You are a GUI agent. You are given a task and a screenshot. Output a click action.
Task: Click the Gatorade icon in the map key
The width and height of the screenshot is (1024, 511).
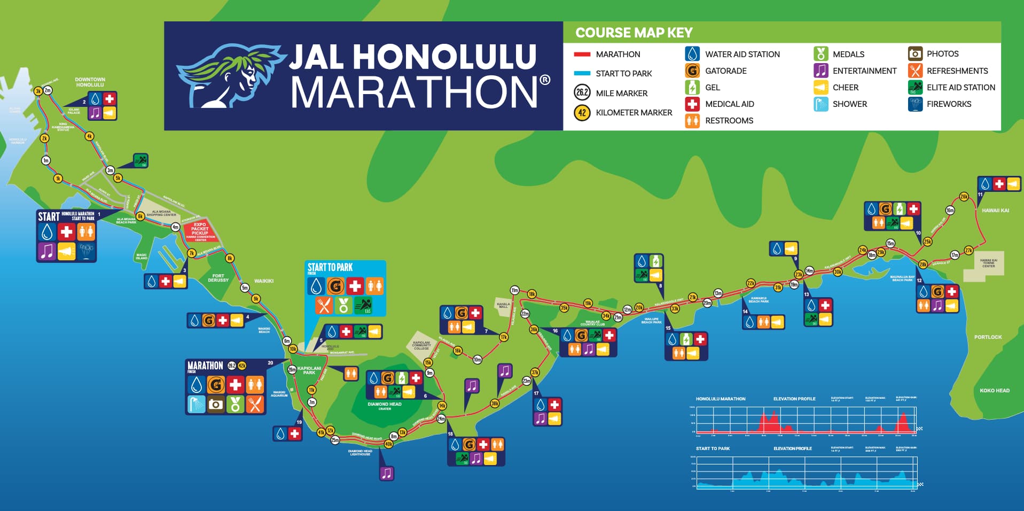(692, 71)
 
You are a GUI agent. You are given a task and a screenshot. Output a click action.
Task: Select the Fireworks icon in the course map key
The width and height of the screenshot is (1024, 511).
(915, 104)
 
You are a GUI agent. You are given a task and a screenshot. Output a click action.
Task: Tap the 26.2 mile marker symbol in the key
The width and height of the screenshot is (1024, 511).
(582, 92)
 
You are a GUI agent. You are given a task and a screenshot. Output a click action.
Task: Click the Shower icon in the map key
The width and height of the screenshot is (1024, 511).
(820, 104)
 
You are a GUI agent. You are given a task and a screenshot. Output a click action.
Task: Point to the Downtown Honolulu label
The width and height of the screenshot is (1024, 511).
(90, 82)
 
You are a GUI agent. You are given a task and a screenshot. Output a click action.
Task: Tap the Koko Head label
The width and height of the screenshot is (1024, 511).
(994, 390)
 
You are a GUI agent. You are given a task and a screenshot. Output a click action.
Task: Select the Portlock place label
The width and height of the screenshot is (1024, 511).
(988, 337)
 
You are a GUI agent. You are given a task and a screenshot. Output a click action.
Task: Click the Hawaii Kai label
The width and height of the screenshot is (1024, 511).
(995, 211)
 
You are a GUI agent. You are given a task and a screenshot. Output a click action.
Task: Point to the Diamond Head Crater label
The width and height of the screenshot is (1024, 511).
(384, 406)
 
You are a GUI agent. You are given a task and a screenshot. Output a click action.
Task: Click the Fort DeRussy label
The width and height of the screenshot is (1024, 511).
(218, 278)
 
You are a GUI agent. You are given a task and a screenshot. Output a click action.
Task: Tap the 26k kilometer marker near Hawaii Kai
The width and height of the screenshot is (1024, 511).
(964, 197)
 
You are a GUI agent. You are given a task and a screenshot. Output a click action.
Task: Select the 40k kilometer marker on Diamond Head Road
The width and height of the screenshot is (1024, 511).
(388, 444)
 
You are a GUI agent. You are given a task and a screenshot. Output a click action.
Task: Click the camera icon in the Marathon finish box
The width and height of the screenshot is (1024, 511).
(216, 404)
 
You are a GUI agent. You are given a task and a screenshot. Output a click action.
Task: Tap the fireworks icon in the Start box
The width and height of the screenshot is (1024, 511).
(85, 250)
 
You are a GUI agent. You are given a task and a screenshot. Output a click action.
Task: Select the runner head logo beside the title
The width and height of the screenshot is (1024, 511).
(230, 75)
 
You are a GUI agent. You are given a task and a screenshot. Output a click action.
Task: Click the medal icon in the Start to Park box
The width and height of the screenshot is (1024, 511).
(343, 305)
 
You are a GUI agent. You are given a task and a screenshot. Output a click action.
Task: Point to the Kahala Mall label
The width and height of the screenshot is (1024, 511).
(503, 305)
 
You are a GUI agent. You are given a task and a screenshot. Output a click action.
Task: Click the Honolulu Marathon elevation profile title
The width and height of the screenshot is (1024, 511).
(720, 399)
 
